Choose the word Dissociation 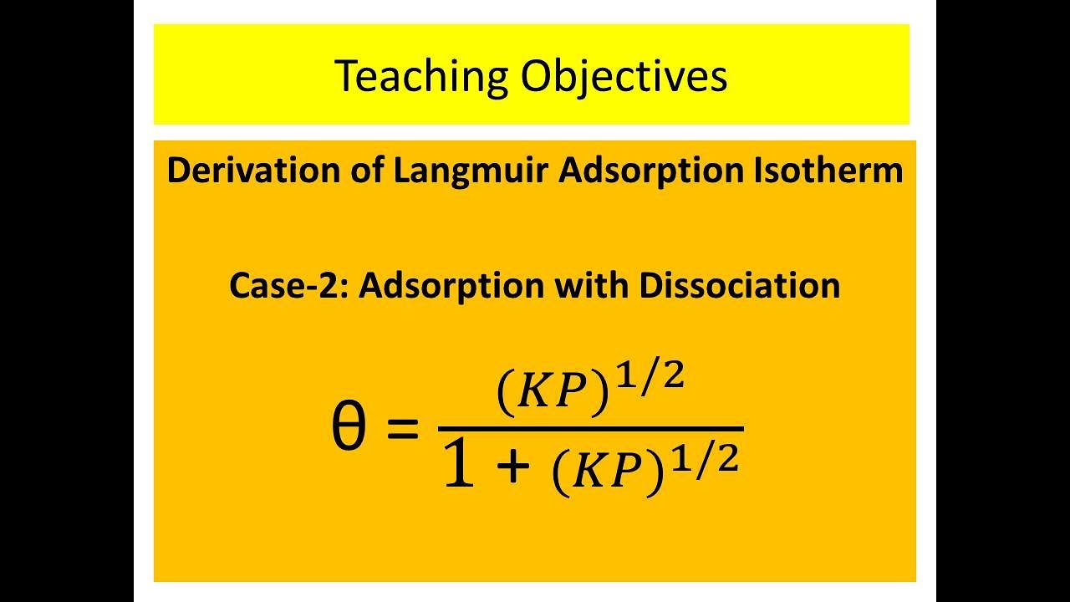739,286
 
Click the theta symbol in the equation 348,430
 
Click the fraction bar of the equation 591,429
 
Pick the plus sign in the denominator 512,468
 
